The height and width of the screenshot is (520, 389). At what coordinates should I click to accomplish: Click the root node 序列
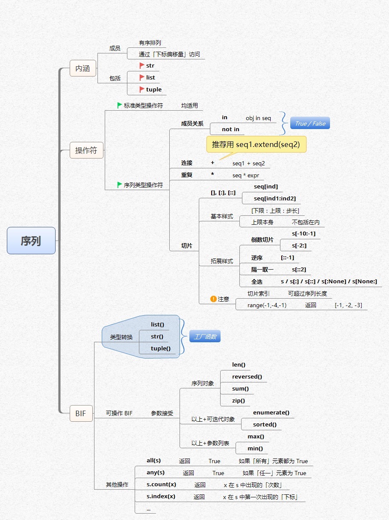point(31,241)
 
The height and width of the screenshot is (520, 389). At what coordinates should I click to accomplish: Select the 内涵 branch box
point(83,68)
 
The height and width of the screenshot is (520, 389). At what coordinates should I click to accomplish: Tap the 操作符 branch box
point(86,150)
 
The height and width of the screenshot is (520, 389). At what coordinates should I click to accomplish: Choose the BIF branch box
point(81,413)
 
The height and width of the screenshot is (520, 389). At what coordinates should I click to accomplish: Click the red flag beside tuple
point(142,89)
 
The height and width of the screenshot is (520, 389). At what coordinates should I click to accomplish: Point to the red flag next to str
point(142,66)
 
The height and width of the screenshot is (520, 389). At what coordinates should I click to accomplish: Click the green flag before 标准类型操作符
point(120,105)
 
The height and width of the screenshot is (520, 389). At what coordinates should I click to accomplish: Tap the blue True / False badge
point(310,123)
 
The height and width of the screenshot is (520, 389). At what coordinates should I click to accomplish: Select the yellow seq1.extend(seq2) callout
point(256,144)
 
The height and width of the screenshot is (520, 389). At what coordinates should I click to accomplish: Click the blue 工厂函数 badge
point(205,336)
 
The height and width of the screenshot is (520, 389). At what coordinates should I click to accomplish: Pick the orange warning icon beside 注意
point(213,299)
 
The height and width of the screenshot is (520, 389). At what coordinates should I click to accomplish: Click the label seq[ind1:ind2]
point(274,199)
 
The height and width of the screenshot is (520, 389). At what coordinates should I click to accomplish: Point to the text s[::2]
point(299,270)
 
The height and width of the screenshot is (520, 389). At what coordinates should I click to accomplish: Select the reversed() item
point(247,376)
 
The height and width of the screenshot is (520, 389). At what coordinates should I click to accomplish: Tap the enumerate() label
point(271,412)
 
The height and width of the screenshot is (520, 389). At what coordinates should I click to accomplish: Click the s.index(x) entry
point(161,496)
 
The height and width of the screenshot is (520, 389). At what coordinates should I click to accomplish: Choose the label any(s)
point(156,473)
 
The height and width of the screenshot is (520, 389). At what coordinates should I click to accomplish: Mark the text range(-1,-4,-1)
point(267,305)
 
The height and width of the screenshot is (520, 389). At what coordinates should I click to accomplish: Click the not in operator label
point(230,129)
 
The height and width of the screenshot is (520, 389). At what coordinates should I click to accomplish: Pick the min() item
point(255,449)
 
